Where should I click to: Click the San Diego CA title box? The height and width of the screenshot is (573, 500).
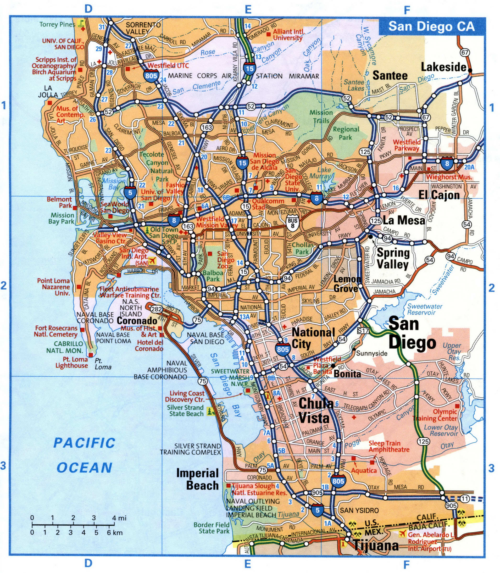[432, 26]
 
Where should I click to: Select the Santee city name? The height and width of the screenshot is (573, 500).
[390, 75]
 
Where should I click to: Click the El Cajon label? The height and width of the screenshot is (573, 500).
[439, 195]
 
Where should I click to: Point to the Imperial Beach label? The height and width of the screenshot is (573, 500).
[198, 479]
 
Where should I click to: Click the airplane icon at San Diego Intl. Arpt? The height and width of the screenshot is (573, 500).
[152, 260]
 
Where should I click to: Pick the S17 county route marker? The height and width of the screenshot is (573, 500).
[363, 331]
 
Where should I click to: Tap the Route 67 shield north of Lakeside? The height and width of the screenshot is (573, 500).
[465, 52]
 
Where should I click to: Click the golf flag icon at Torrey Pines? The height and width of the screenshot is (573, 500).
[81, 23]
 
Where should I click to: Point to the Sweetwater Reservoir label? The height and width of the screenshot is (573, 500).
[425, 309]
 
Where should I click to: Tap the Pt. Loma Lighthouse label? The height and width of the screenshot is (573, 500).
[71, 362]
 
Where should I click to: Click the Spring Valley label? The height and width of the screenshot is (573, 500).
[393, 258]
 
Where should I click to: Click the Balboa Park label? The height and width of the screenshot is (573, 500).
[213, 276]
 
